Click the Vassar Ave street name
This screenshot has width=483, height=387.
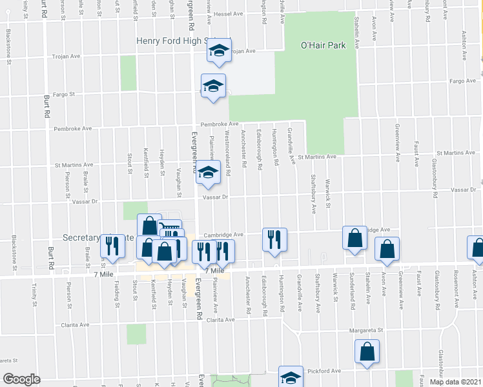coord(464,190)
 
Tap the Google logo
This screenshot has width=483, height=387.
coord(22,379)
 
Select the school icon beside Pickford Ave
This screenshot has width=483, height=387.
coord(291,377)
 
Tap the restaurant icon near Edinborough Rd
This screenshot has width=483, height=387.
coord(274,239)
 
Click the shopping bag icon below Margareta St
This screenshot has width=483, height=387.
coord(366,352)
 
